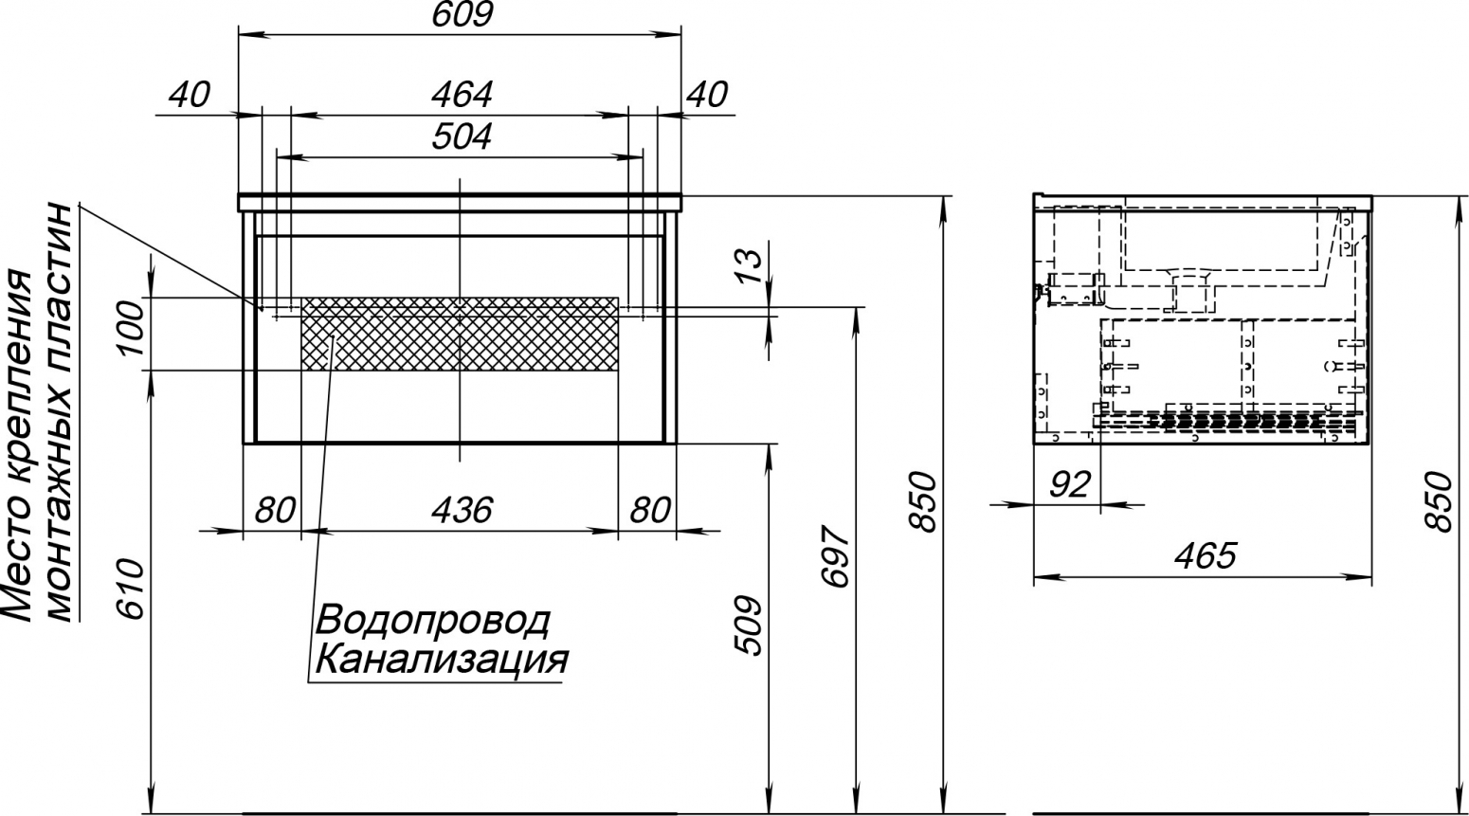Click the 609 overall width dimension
462,14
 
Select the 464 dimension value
462,95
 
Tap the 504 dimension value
462,137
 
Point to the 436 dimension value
462,510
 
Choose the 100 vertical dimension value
130,328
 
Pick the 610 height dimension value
130,589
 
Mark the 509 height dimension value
749,626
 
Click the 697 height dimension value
836,555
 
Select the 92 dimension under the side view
1070,484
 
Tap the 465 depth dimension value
1206,555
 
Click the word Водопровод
433,621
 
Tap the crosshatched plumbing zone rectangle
460,334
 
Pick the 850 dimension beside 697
925,501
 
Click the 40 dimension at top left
190,95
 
